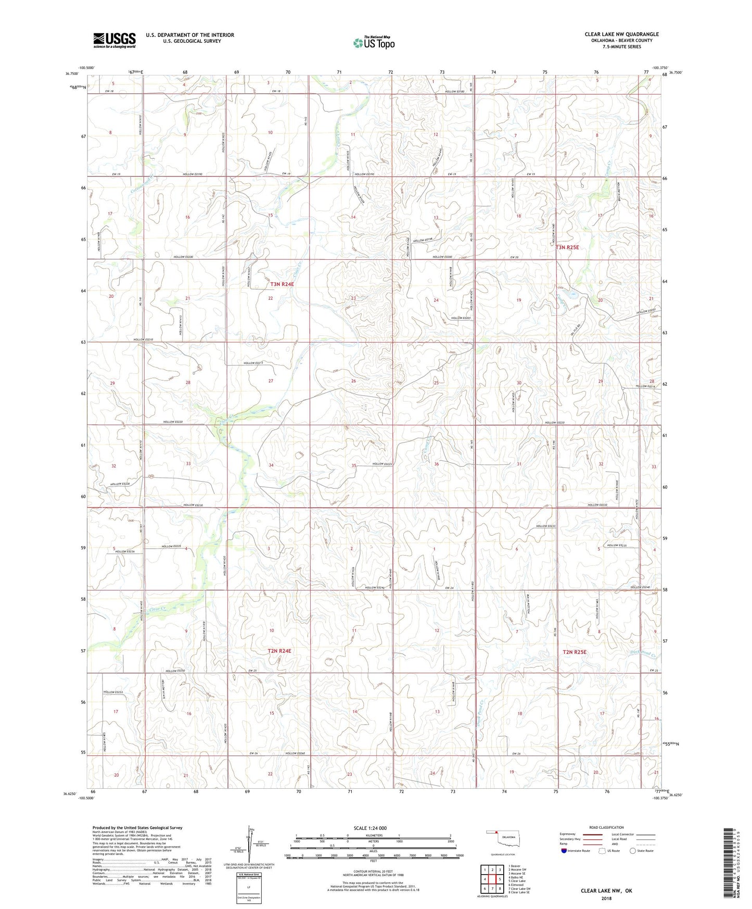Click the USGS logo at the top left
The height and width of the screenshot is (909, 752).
(x=114, y=40)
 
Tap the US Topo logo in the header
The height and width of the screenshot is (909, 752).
(x=374, y=43)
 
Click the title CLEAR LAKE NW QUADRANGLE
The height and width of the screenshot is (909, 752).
(x=621, y=34)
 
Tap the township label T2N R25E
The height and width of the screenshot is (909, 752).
(x=575, y=652)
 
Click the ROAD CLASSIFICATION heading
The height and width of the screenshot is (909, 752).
(x=607, y=827)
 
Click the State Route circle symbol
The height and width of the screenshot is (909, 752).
(x=632, y=851)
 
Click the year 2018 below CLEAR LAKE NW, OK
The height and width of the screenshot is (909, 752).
(x=606, y=898)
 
